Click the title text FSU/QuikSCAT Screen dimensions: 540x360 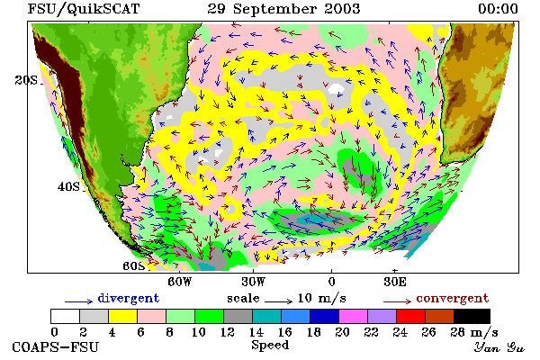(x=84, y=9)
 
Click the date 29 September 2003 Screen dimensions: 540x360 (x=283, y=9)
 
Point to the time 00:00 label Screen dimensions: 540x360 (x=498, y=9)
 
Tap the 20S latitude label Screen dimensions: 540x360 (x=26, y=80)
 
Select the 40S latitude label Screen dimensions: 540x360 (x=68, y=186)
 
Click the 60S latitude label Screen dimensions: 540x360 (x=134, y=266)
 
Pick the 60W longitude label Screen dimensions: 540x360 (x=179, y=282)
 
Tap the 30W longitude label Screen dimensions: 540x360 (x=254, y=282)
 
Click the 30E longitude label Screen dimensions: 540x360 (x=395, y=282)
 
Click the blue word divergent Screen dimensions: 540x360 (x=129, y=298)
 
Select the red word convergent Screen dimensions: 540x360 (x=453, y=298)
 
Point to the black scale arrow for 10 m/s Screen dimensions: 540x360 (x=279, y=301)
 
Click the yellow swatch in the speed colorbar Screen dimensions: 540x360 (x=122, y=316)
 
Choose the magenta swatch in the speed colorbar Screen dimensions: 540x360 (x=353, y=316)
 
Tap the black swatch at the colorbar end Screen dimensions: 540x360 (x=472, y=316)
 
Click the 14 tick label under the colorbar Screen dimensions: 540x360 (x=256, y=332)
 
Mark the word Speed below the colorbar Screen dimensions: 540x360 (x=270, y=346)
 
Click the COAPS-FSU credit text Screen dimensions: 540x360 (x=56, y=347)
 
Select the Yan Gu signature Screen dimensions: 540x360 (x=499, y=347)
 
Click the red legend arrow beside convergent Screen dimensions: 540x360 (x=397, y=301)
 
